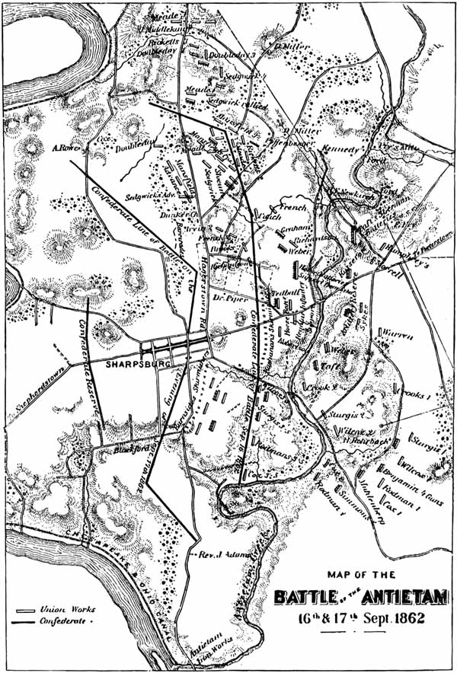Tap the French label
(x=294, y=207)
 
